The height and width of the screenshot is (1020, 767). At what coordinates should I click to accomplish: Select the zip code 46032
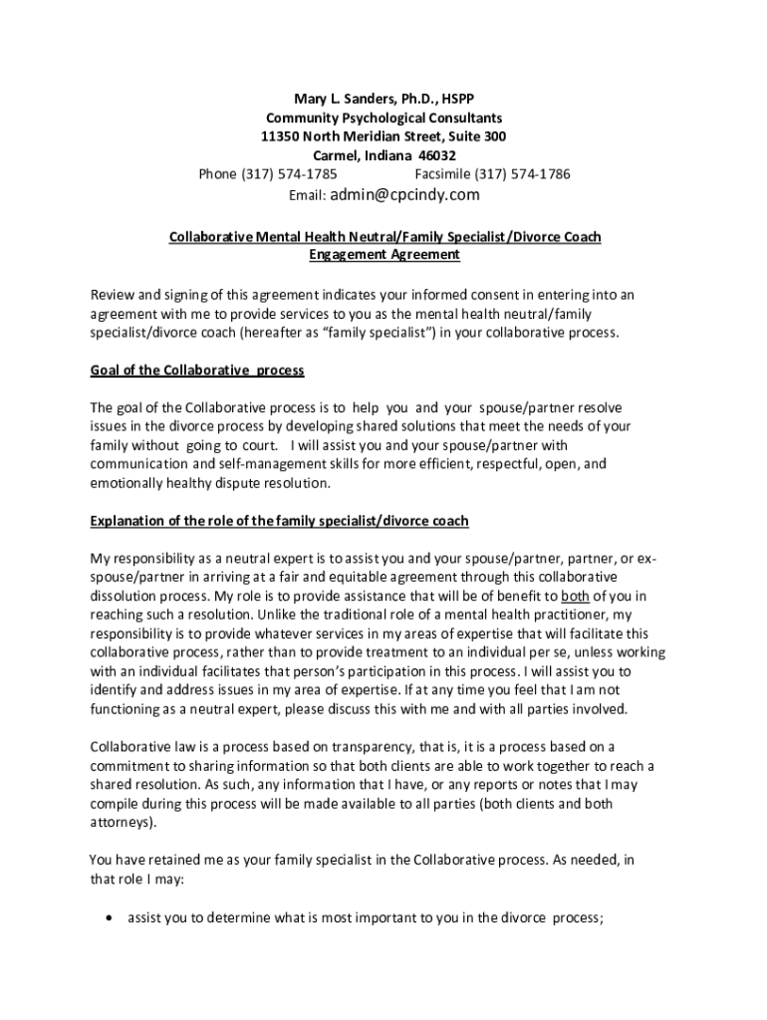point(434,155)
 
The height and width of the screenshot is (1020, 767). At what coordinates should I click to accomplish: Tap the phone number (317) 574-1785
point(280,174)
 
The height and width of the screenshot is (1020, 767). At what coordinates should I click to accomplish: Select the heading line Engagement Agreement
point(383,255)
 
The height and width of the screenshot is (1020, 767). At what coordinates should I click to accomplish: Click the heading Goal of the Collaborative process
point(197,371)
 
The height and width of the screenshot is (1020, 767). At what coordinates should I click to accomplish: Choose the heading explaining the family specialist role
point(279,521)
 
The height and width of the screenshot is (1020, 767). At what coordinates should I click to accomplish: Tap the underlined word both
point(575,597)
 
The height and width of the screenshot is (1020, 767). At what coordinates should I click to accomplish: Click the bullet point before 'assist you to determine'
point(107,919)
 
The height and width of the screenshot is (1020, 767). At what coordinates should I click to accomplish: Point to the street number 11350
point(282,136)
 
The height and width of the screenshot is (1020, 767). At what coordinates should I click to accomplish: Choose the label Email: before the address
point(307,195)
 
